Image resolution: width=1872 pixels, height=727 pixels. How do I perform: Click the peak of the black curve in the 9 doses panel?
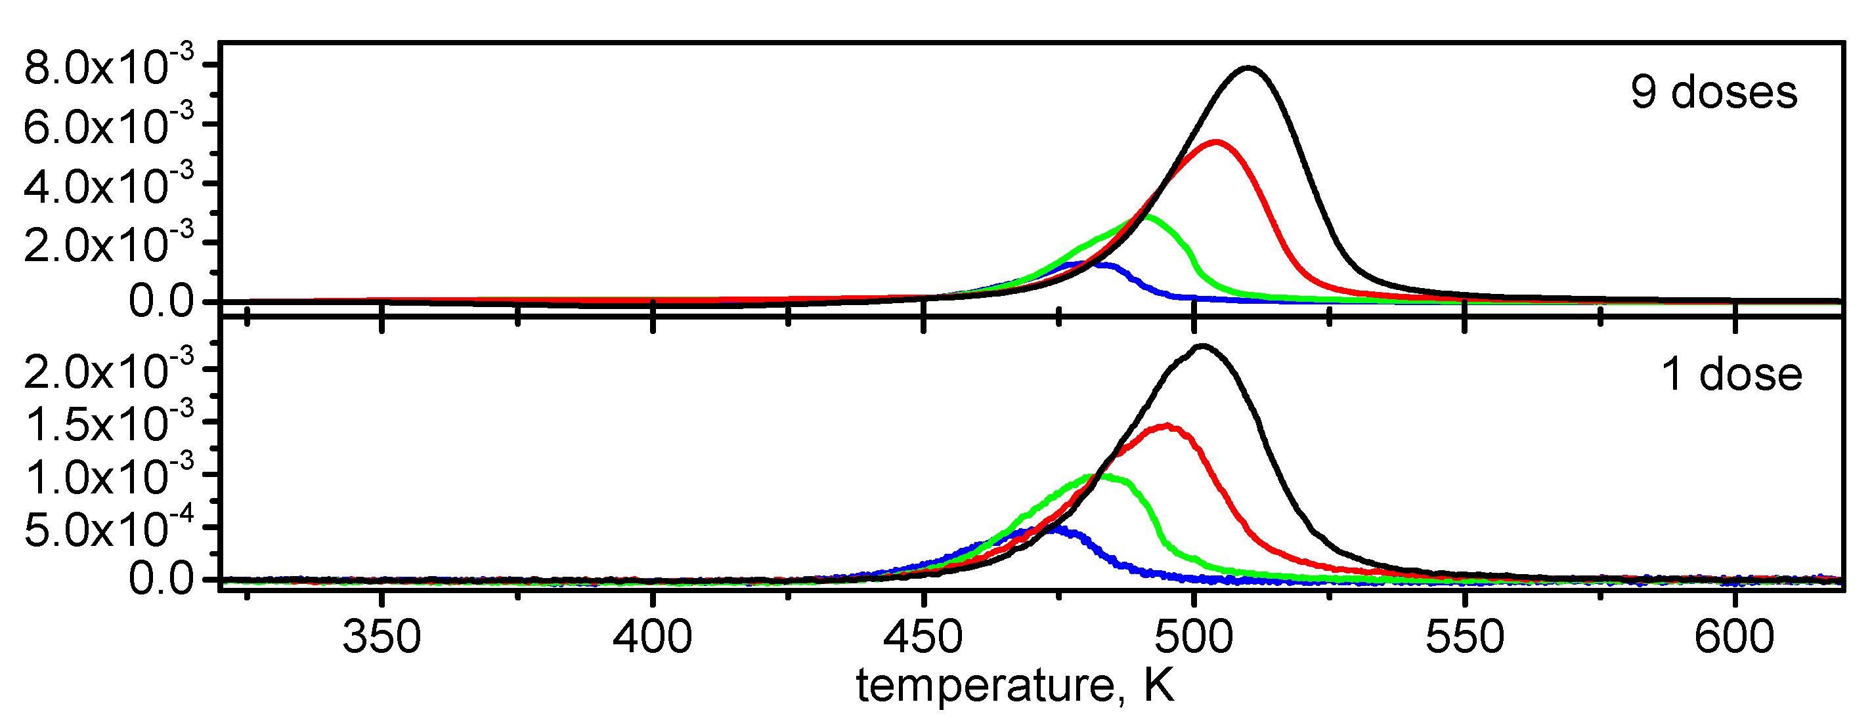coord(1248,68)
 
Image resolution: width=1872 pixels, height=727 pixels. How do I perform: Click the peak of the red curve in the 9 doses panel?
coord(1216,142)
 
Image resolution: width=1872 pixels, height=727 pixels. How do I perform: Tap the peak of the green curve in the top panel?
coord(1146,216)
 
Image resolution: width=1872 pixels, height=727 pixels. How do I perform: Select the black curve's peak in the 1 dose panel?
coord(1203,346)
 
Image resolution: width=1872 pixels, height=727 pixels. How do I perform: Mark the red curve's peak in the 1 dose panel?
coord(1167,426)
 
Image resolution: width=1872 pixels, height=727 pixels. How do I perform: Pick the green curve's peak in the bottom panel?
coord(1095,476)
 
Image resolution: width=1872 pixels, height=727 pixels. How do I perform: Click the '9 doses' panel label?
coord(1714,93)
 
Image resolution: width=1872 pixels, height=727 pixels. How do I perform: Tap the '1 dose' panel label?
coord(1731,375)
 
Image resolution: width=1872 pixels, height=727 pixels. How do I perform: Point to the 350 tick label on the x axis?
coord(381,637)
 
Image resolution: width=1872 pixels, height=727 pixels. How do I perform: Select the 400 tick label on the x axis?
coord(652,637)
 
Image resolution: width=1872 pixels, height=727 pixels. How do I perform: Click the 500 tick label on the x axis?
coord(1194,637)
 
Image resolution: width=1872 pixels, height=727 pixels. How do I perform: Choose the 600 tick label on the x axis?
coord(1735,637)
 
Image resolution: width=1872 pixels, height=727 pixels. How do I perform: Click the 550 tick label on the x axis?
coord(1464,637)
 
